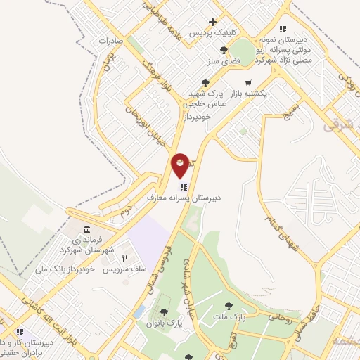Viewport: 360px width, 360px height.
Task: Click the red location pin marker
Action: (x=181, y=165)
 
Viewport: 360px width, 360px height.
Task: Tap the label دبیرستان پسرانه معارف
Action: (x=184, y=198)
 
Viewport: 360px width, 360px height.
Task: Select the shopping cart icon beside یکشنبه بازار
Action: (x=247, y=82)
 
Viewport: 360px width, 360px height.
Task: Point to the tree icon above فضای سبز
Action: (x=224, y=49)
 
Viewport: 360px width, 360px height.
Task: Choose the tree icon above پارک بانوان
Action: (x=164, y=312)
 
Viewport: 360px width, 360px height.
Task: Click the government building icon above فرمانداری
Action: (x=86, y=230)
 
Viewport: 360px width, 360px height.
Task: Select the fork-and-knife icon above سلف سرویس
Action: (x=124, y=258)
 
